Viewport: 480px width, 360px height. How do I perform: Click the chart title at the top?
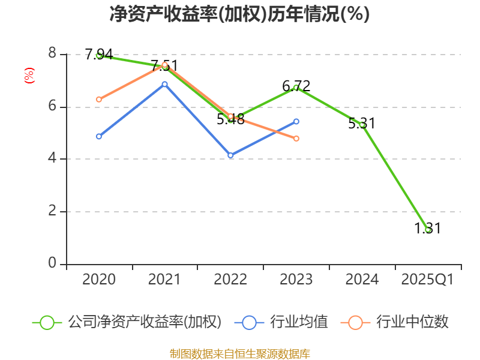pyautogui.click(x=239, y=14)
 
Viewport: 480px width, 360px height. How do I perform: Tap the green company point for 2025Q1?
pyautogui.click(x=427, y=230)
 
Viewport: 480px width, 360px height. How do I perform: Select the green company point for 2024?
pyautogui.click(x=362, y=125)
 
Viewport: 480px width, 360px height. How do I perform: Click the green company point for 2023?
pyautogui.click(x=296, y=88)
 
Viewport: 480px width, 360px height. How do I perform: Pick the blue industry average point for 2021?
pyautogui.click(x=164, y=84)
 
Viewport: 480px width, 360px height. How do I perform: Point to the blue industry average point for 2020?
pyautogui.click(x=99, y=136)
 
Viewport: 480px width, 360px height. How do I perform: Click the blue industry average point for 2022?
pyautogui.click(x=230, y=155)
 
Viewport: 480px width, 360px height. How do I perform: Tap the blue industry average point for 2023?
pyautogui.click(x=296, y=121)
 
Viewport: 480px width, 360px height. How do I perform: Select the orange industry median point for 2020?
pyautogui.click(x=99, y=99)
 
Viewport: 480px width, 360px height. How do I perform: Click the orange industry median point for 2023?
pyautogui.click(x=296, y=139)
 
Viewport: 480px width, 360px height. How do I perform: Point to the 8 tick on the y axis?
pyautogui.click(x=52, y=54)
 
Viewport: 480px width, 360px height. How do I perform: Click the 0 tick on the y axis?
pyautogui.click(x=52, y=263)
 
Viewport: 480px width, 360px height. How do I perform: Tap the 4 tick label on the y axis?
pyautogui.click(x=52, y=158)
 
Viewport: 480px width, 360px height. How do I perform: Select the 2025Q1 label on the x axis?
pyautogui.click(x=427, y=280)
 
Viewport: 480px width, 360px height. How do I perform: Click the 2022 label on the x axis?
pyautogui.click(x=230, y=280)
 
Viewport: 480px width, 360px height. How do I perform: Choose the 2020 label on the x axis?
pyautogui.click(x=99, y=280)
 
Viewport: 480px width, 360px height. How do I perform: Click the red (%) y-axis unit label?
pyautogui.click(x=29, y=76)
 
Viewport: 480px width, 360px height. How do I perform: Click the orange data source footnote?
pyautogui.click(x=239, y=353)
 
